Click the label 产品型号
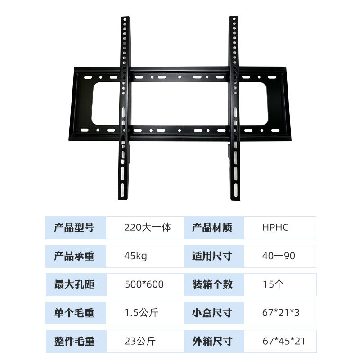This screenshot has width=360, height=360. [74, 228]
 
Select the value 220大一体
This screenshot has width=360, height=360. [148, 228]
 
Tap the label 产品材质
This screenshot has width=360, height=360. [212, 228]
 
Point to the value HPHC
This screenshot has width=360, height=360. [275, 228]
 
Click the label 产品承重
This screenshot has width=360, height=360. [74, 256]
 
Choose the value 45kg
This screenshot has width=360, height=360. [135, 256]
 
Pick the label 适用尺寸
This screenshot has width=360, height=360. [212, 256]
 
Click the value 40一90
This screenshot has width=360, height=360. [279, 256]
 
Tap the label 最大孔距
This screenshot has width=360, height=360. [74, 284]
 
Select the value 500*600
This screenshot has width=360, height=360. [144, 284]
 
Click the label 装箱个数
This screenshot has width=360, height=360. [212, 284]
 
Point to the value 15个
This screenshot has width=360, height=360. [273, 284]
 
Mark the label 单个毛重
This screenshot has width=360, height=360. [74, 313]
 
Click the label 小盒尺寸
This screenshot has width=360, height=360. [212, 313]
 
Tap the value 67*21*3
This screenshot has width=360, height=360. [281, 313]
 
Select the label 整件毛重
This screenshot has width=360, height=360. [74, 341]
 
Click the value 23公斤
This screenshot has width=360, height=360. [139, 341]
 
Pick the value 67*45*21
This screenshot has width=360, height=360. [283, 341]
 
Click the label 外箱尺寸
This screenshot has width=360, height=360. [212, 341]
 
